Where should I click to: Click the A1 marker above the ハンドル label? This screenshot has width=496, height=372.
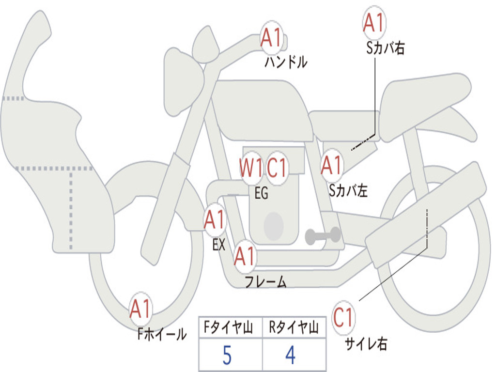click(271, 38)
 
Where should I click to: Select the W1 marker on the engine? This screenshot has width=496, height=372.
click(251, 168)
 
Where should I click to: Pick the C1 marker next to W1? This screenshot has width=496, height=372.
click(277, 168)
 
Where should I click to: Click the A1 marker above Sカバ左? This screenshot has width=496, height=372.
click(332, 166)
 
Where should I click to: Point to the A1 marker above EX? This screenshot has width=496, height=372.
click(215, 220)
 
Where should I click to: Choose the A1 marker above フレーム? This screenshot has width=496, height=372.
click(245, 256)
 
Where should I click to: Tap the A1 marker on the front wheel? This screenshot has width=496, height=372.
click(140, 309)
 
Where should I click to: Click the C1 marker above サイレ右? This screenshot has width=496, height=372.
click(343, 317)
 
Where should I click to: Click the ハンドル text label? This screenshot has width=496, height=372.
click(286, 62)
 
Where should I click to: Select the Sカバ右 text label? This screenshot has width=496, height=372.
click(385, 48)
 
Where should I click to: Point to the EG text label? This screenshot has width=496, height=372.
click(262, 193)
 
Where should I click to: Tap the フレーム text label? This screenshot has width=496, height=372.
click(266, 281)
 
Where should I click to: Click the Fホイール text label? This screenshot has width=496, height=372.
click(162, 334)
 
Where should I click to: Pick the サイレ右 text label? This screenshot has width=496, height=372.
click(366, 343)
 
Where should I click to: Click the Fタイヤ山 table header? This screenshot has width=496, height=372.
click(228, 327)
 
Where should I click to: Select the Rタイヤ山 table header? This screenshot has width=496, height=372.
click(294, 327)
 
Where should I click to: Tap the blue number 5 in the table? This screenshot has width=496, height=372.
click(227, 355)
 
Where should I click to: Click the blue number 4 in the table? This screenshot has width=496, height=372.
click(291, 355)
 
